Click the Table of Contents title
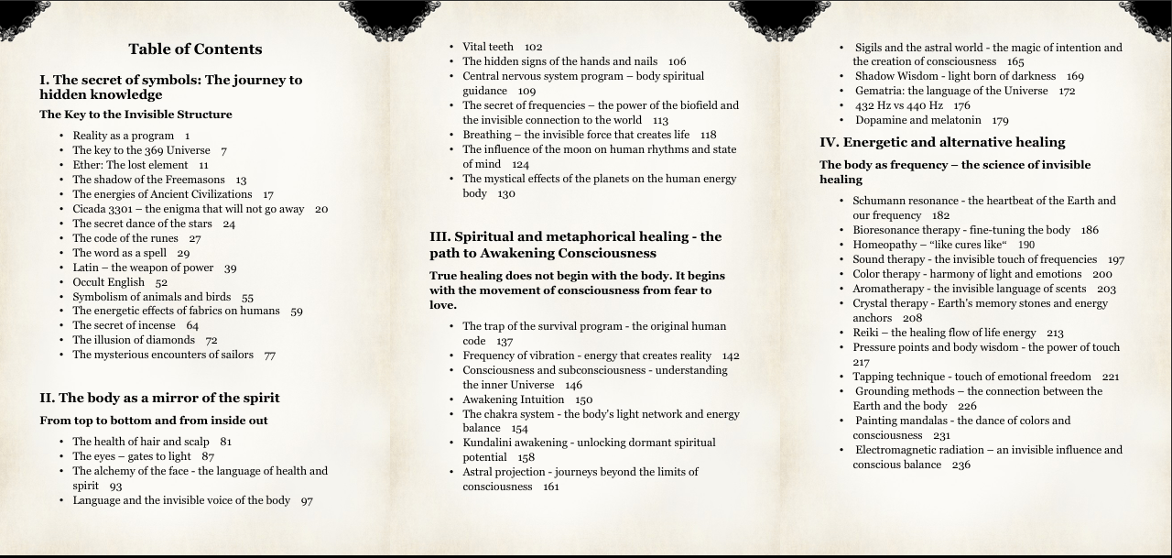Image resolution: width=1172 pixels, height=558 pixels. (x=195, y=49)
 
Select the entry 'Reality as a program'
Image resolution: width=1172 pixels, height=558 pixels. (x=124, y=136)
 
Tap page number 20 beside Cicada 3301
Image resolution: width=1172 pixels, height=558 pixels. (x=321, y=209)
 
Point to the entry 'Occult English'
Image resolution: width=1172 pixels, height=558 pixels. (x=109, y=282)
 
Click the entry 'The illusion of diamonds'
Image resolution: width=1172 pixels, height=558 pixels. (x=134, y=340)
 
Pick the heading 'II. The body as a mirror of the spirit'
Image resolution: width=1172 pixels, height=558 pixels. (x=159, y=398)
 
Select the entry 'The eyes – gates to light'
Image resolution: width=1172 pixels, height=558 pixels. (x=132, y=456)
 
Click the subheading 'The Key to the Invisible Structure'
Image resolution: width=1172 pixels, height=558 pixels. (x=136, y=115)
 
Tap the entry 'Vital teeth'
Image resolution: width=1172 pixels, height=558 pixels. (x=488, y=47)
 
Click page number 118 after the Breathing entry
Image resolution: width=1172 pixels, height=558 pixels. (x=708, y=135)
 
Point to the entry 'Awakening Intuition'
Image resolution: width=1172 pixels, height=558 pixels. (x=514, y=399)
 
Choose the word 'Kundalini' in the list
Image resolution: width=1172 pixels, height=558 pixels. (x=488, y=443)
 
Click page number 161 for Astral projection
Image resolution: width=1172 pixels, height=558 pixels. (x=550, y=487)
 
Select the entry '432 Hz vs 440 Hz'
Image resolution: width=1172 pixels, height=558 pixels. (x=899, y=105)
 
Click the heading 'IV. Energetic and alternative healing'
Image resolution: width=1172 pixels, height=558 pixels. (x=942, y=142)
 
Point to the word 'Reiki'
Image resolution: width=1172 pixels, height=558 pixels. (x=866, y=333)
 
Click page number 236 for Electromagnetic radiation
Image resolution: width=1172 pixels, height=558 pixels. (x=960, y=465)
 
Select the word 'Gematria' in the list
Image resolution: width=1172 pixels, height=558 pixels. (x=880, y=91)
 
